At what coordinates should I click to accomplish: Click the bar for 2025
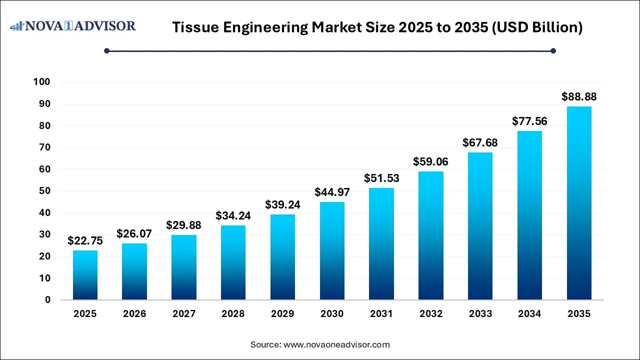tap(85, 275)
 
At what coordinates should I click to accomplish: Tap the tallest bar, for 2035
tap(579, 203)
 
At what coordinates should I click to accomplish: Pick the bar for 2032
tap(431, 235)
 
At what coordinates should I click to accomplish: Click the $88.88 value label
tap(579, 96)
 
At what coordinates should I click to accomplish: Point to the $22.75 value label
tap(85, 240)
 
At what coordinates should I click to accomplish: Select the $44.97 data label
tap(332, 192)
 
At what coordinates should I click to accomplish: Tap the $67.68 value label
tap(480, 142)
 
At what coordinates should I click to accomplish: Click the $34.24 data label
tap(233, 215)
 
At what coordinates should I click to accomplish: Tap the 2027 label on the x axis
tap(184, 314)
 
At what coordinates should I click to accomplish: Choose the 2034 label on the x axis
tap(529, 314)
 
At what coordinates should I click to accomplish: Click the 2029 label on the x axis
tap(282, 314)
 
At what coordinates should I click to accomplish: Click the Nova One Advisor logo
tap(73, 26)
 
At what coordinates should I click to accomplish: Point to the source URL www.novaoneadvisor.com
tap(336, 344)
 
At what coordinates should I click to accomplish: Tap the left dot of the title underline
tap(106, 50)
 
